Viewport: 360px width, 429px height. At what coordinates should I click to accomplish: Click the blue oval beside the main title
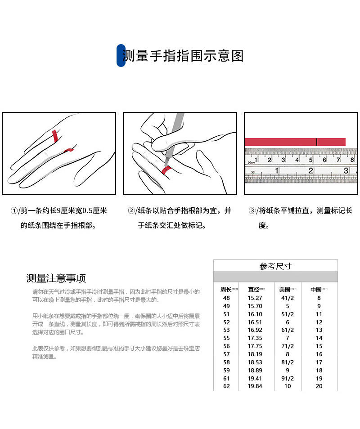[121, 56]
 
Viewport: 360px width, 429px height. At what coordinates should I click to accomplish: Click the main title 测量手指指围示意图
[184, 56]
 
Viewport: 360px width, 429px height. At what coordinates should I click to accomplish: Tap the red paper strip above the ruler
[295, 142]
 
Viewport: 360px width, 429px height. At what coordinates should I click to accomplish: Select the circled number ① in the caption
[15, 211]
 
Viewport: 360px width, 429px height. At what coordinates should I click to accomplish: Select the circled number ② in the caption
[131, 211]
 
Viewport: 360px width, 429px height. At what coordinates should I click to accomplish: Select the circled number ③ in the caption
[252, 211]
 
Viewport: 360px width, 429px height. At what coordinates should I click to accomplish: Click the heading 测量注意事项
[56, 278]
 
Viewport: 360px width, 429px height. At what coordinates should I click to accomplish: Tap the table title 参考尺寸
[275, 266]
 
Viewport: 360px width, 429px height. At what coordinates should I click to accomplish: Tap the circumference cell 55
[226, 338]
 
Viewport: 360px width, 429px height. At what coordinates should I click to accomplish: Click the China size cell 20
[319, 386]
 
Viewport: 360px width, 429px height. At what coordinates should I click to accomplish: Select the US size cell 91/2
[287, 378]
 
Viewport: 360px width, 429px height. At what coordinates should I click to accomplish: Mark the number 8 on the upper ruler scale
[352, 160]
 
